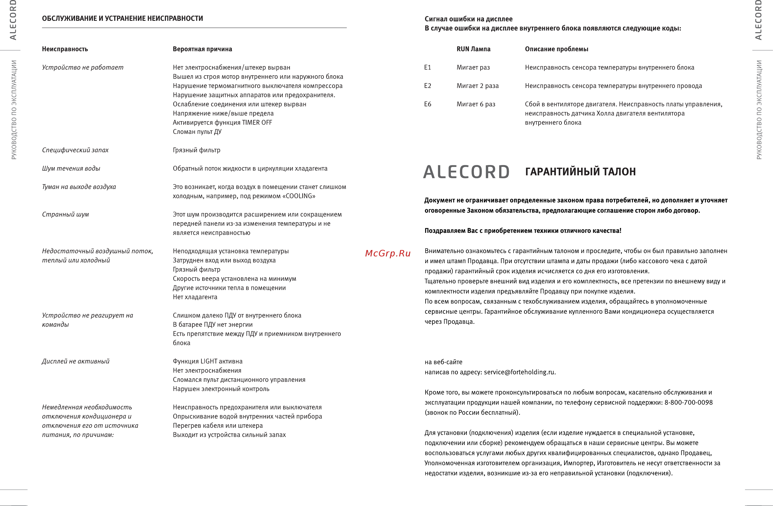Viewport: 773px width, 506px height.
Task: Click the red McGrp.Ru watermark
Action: pos(388,253)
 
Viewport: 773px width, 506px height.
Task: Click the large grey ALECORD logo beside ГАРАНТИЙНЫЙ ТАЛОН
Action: pos(466,172)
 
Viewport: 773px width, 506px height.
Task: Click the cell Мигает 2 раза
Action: pos(477,86)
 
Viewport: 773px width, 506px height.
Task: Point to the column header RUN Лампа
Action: pos(473,49)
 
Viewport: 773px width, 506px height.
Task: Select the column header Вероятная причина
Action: pos(202,49)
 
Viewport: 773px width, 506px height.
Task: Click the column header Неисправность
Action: pos(65,49)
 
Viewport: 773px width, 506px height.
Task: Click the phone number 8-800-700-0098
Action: pos(688,402)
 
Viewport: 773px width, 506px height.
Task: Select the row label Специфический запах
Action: pos(75,150)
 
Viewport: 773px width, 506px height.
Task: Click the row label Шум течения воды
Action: pos(71,168)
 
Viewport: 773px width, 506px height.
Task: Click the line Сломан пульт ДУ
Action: pos(197,132)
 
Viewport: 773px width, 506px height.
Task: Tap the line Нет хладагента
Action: pos(195,297)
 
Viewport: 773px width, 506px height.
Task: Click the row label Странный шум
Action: pos(65,214)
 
